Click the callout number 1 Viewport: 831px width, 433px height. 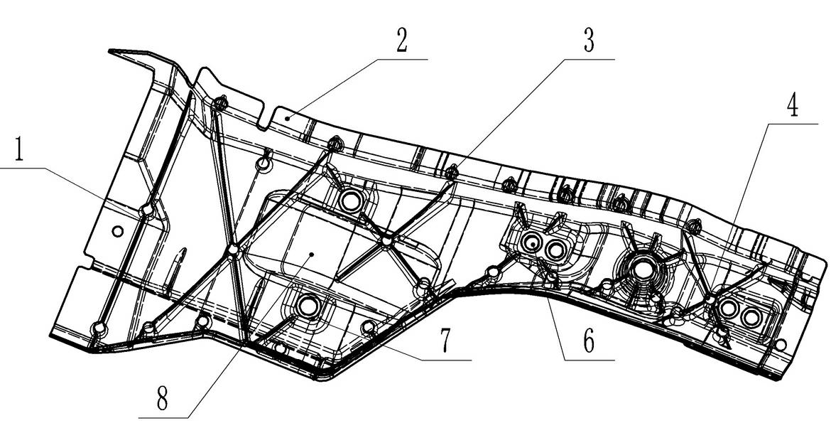tap(18, 149)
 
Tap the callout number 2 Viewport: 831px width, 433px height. tap(402, 41)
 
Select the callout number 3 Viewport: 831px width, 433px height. tap(588, 41)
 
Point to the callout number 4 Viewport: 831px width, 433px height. tap(792, 106)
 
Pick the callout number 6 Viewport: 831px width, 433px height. tap(589, 342)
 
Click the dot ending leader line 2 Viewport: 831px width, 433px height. tap(287, 118)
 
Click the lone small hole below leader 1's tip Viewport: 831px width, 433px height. tap(118, 231)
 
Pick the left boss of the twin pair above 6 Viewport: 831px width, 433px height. tap(531, 244)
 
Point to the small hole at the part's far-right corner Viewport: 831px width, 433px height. tap(780, 345)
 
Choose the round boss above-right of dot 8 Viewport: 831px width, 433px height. tap(349, 201)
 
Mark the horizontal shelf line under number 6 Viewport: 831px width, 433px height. tap(589, 361)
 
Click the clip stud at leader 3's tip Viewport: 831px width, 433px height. tap(452, 172)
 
